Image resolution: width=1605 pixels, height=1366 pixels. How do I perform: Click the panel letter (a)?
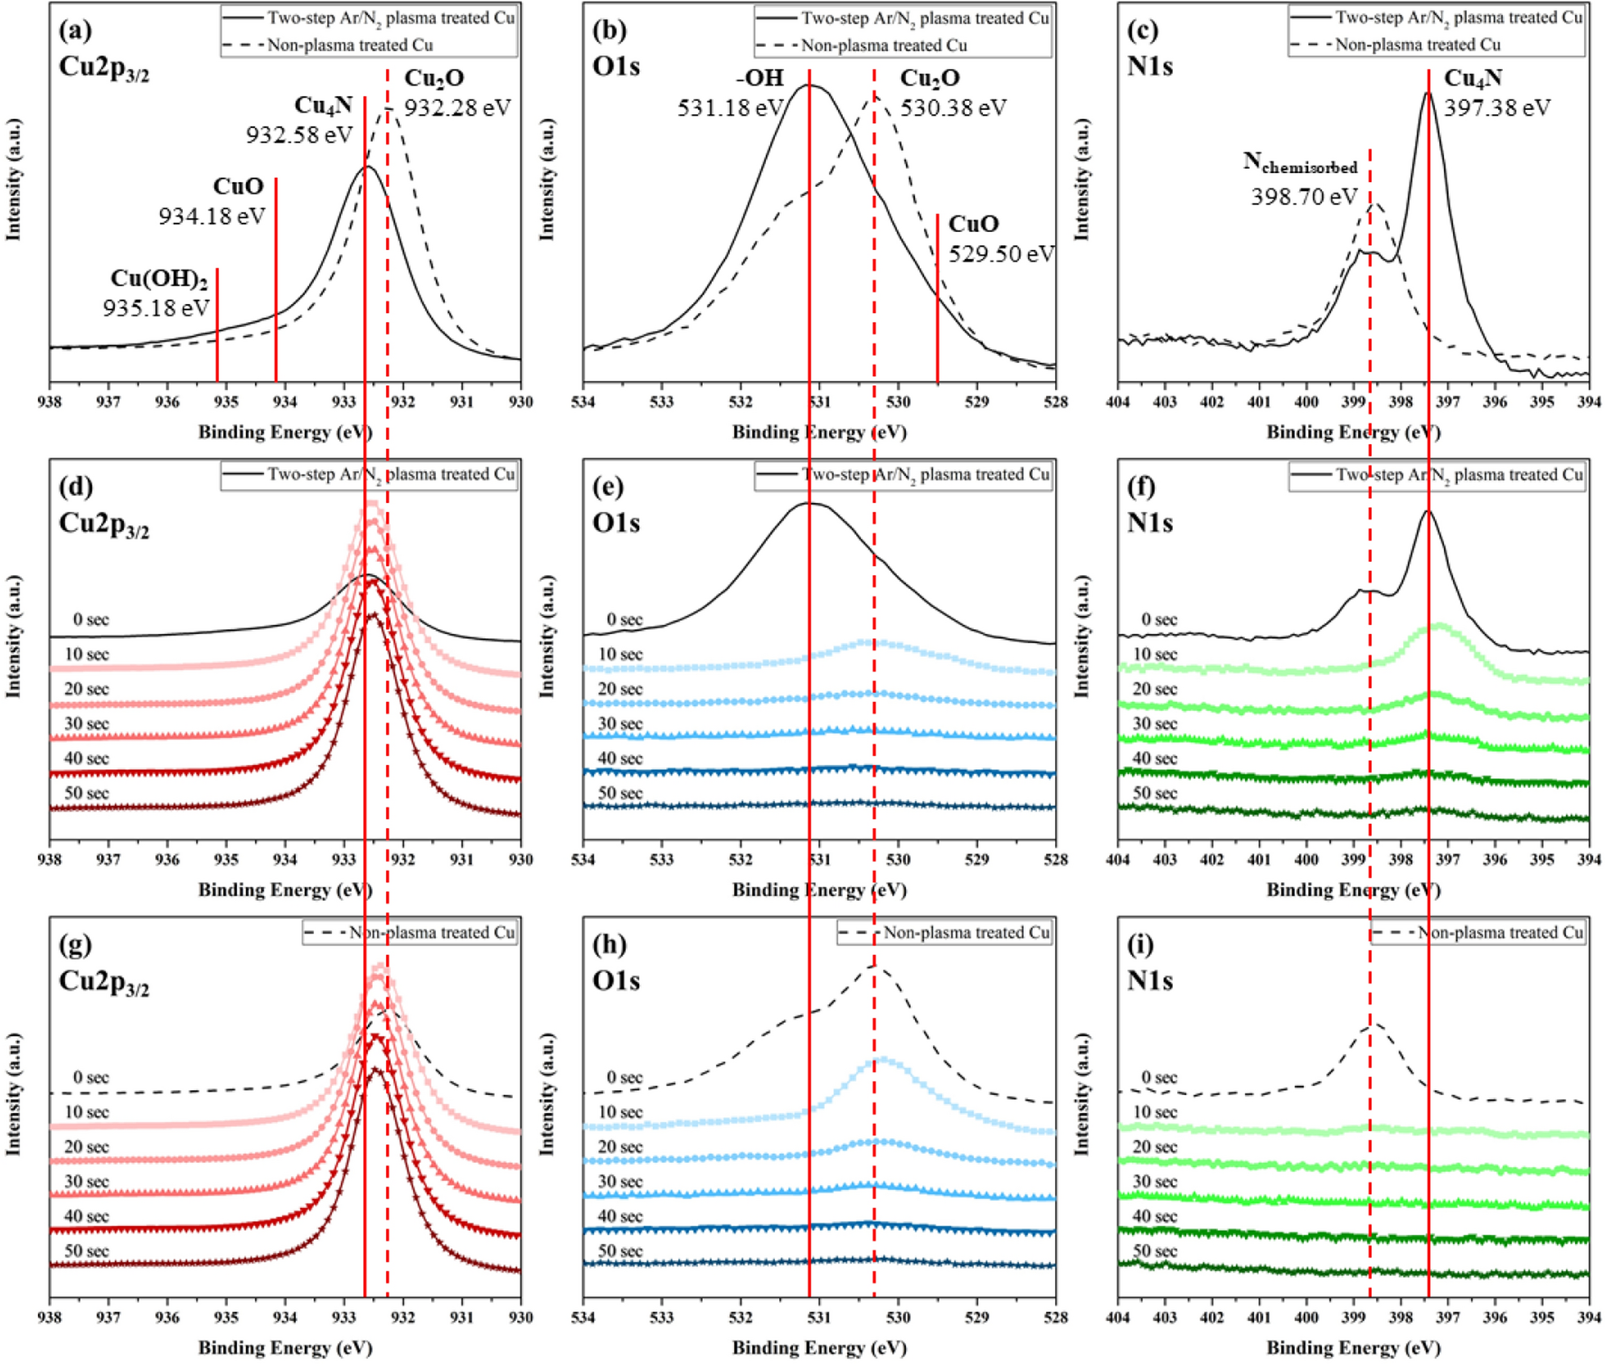75,31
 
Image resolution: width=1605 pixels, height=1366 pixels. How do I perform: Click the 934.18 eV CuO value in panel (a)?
211,216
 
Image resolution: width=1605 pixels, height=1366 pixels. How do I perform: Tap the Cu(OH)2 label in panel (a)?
159,278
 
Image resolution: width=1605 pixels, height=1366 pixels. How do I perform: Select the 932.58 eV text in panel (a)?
299,134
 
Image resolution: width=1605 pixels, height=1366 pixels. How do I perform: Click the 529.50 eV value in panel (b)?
1001,254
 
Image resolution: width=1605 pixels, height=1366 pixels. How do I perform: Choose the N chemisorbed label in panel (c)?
1300,164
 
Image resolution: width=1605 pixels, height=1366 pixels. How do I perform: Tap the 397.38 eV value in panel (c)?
1497,108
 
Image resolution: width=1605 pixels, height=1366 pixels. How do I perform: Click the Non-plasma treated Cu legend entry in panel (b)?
883,45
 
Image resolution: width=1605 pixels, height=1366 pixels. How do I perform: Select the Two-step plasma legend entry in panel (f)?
1459,475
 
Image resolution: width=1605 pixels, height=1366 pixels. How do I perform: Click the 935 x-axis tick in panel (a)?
226,402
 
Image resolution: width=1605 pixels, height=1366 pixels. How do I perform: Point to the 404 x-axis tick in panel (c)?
1118,402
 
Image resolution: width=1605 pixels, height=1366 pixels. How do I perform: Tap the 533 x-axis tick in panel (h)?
662,1317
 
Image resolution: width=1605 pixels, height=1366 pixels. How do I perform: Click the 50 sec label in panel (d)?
86,793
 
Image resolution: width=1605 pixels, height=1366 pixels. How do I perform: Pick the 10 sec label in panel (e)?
620,654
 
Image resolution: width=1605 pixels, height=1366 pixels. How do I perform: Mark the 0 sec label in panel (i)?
1158,1077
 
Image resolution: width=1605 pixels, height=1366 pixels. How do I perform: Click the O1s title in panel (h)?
616,980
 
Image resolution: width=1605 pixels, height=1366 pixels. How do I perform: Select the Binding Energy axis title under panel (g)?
285,1347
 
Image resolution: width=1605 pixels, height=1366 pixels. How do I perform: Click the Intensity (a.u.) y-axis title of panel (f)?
1081,636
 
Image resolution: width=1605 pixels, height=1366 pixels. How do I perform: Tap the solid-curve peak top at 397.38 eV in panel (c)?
1428,94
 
